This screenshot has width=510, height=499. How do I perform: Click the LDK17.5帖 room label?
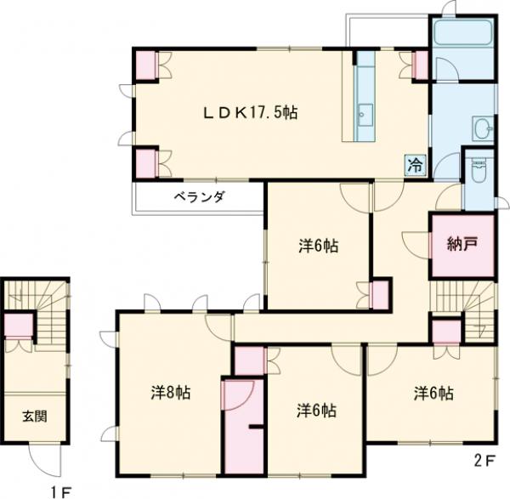click(x=250, y=113)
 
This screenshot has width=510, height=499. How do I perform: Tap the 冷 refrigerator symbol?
click(x=416, y=165)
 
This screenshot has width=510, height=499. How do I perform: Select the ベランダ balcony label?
click(x=200, y=197)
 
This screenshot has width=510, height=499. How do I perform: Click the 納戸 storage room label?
click(x=462, y=245)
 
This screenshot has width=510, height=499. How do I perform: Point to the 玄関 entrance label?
click(x=35, y=416)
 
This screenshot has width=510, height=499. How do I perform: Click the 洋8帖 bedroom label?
click(x=171, y=393)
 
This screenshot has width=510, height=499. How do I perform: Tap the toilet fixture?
click(x=479, y=170)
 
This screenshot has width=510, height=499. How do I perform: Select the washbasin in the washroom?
click(x=483, y=128)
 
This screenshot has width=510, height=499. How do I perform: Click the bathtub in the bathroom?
click(x=463, y=33)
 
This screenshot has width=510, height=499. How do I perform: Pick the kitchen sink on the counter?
click(x=365, y=115)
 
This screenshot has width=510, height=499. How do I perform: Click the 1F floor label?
click(x=60, y=492)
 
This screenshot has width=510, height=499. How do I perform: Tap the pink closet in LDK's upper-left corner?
click(x=145, y=65)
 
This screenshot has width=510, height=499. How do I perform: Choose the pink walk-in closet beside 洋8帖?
click(x=244, y=426)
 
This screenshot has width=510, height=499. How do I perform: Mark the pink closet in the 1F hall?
click(x=19, y=326)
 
